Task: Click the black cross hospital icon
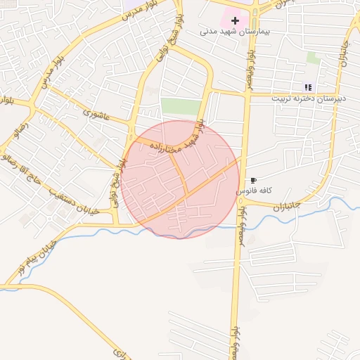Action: point(234,20)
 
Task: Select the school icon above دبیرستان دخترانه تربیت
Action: point(308,88)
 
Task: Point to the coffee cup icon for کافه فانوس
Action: point(253,181)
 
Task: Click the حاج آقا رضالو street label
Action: point(26,167)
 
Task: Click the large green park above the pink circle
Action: point(180,106)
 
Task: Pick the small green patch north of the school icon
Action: point(313,58)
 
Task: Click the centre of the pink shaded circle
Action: point(180,179)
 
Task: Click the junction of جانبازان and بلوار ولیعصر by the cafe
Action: point(243,201)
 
